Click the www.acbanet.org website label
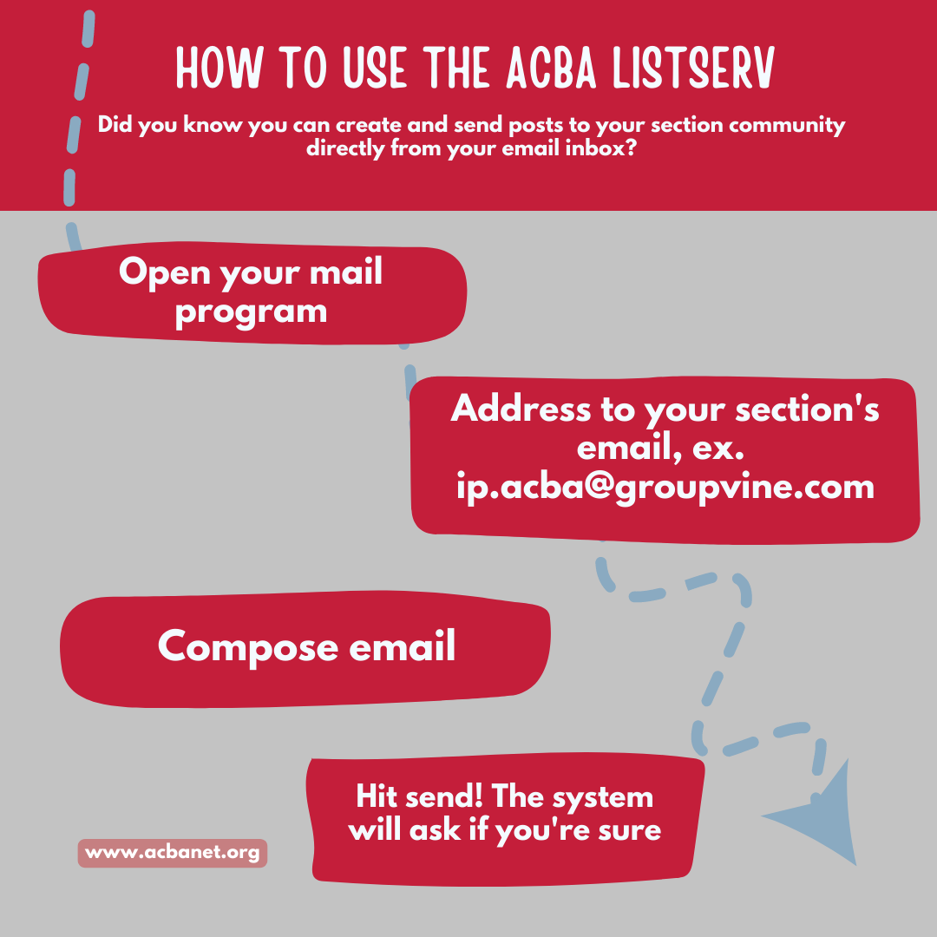tap(172, 852)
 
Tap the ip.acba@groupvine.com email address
tap(665, 487)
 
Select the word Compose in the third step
tap(248, 647)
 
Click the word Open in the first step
tap(164, 273)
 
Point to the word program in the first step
tap(251, 313)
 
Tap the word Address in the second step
tap(521, 409)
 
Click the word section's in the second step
tap(807, 410)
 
